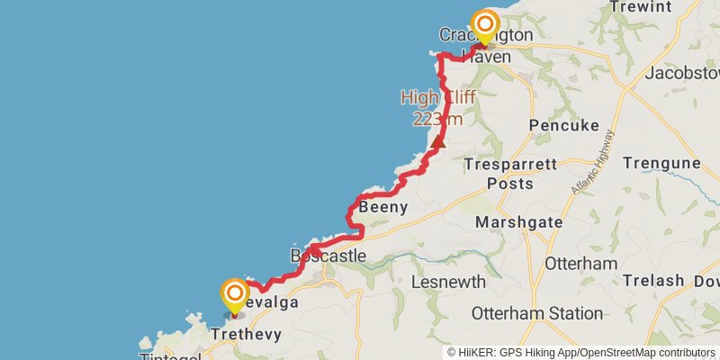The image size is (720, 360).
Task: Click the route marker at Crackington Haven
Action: [x=486, y=25]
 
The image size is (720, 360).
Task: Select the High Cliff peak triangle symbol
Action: [x=438, y=141]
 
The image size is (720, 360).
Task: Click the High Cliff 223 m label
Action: [x=438, y=107]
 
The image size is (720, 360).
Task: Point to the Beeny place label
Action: [x=384, y=208]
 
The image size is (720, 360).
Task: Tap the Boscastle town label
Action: [x=328, y=256]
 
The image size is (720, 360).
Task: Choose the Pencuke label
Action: [x=564, y=125]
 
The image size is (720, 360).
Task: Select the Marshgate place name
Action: [x=518, y=222]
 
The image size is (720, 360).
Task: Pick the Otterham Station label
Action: [x=537, y=314]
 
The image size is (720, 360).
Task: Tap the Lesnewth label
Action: [x=448, y=282]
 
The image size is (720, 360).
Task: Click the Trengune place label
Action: [x=661, y=164]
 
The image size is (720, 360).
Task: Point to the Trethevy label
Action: [x=246, y=334]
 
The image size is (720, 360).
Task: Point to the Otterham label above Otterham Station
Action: [x=580, y=264]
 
